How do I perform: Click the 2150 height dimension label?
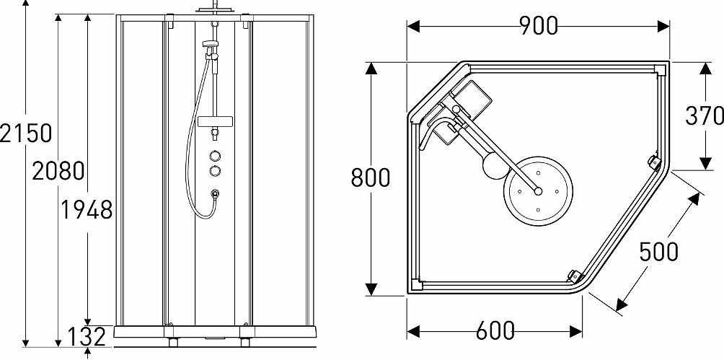coord(25,133)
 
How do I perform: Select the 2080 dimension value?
coord(58,171)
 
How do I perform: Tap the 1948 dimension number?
coord(87,210)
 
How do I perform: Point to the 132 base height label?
coord(87,338)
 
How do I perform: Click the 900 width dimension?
coord(539,26)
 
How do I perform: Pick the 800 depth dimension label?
coord(371,177)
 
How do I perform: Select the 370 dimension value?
coord(705,115)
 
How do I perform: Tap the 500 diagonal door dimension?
coord(659,252)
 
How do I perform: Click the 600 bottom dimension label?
coord(495,331)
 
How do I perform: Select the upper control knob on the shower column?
coord(215,155)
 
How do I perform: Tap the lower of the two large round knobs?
coord(215,171)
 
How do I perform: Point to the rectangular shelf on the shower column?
coord(215,121)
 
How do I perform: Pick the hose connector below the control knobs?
coord(215,193)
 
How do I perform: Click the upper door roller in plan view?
coord(654,162)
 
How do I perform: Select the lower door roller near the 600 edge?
coord(574,276)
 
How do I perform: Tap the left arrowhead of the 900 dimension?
coord(412,26)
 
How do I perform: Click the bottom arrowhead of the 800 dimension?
coord(371,289)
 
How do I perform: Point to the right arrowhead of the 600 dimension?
coord(575,331)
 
